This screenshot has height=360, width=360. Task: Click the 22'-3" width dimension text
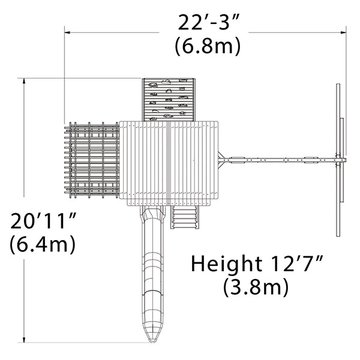pos(209,22)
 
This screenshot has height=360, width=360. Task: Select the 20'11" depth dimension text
pos(43,221)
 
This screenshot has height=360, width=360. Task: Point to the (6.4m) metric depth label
pos(43,244)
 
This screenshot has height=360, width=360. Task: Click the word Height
pos(227,264)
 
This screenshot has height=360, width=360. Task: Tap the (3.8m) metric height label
pos(256,287)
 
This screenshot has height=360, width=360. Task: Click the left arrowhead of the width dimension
pos(67,32)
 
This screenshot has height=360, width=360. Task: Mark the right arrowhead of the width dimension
pos(343,32)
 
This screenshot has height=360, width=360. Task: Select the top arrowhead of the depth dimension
pos(24,81)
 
